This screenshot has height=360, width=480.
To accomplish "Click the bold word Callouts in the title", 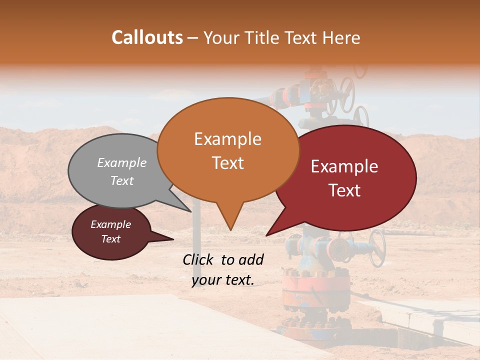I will tap(147, 37).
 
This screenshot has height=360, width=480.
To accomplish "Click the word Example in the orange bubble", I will tap(227, 139).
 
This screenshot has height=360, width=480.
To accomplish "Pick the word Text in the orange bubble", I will tap(227, 163).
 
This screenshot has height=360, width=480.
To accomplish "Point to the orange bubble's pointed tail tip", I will tap(230, 229).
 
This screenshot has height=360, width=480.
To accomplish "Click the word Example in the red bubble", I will tap(344, 166).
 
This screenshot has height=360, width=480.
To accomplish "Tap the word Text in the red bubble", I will tap(345, 190).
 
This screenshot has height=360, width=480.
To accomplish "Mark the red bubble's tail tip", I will tap(267, 235).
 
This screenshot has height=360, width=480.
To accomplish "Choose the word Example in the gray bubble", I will tap(122, 163).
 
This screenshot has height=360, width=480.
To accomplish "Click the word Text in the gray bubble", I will tap(122, 181).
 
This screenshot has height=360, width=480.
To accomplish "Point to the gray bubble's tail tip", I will tap(191, 211).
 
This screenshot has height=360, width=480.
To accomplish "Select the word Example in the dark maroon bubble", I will tap(110, 224).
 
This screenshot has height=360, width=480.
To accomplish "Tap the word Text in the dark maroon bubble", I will tap(110, 239).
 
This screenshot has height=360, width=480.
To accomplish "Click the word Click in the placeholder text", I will tap(198, 259).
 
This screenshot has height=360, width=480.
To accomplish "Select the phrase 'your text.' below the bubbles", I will tap(223, 280).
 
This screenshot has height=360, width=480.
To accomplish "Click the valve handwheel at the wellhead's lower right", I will tap(377, 248).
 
